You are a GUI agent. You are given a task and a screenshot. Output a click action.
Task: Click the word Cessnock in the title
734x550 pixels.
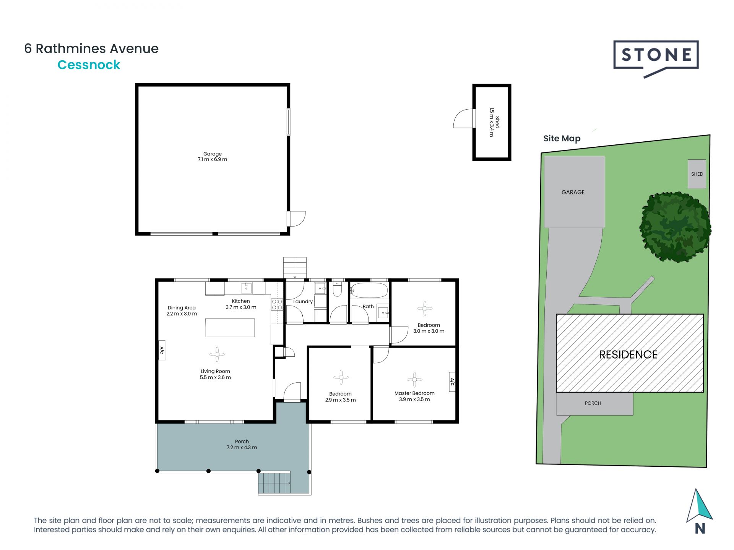89,65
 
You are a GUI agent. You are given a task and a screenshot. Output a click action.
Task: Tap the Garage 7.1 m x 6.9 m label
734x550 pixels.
212,157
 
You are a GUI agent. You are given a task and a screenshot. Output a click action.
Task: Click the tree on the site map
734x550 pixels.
675,227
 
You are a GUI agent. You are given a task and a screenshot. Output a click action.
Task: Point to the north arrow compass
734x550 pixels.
699,508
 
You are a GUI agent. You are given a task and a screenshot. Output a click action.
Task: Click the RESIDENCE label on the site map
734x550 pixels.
628,354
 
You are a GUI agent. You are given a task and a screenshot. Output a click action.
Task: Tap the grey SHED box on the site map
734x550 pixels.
697,174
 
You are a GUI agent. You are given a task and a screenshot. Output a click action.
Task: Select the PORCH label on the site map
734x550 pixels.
593,403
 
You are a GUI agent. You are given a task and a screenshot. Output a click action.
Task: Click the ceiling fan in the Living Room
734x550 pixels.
217,354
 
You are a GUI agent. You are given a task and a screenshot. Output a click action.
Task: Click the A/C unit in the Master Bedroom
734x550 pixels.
452,382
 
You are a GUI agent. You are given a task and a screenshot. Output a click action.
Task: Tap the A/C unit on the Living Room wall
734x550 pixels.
162,350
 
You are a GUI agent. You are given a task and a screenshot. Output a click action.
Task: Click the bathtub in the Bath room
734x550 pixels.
369,291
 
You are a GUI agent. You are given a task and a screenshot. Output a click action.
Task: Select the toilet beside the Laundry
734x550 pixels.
337,290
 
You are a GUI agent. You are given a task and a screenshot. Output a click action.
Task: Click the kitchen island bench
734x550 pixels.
230,328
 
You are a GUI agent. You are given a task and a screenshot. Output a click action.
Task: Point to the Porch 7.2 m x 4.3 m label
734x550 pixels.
242,445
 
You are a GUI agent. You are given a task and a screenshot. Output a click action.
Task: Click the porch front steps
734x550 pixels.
274,484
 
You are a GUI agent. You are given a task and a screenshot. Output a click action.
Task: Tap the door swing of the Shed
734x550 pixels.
464,119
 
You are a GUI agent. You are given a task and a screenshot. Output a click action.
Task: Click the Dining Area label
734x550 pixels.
182,311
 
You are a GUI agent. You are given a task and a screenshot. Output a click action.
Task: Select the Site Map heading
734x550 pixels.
562,139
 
